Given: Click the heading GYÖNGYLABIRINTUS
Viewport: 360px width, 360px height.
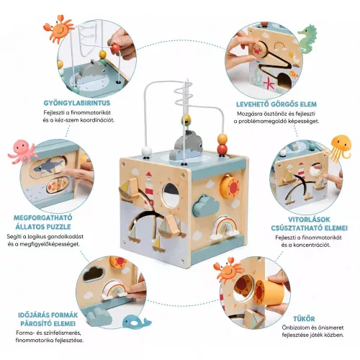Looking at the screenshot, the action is (x=77, y=103).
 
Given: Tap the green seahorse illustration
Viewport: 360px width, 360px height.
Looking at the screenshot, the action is (x=307, y=39).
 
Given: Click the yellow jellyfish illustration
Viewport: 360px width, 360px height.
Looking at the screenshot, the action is (x=339, y=146).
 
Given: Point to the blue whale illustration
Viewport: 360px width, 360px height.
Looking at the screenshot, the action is (x=135, y=322).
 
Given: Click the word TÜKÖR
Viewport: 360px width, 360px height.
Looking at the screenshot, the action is (x=304, y=319).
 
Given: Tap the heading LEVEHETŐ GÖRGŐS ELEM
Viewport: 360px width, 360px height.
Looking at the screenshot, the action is (x=276, y=104).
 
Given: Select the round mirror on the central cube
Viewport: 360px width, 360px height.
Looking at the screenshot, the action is (x=171, y=195).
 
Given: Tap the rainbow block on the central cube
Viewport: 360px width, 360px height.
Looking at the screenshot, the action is (x=224, y=228).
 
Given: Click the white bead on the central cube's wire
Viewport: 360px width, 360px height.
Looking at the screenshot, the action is (x=147, y=152).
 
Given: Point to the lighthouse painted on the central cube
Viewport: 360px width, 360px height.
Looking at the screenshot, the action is (x=149, y=190).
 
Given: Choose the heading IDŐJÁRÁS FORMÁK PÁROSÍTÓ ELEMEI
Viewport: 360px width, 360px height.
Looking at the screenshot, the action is (x=48, y=320).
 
